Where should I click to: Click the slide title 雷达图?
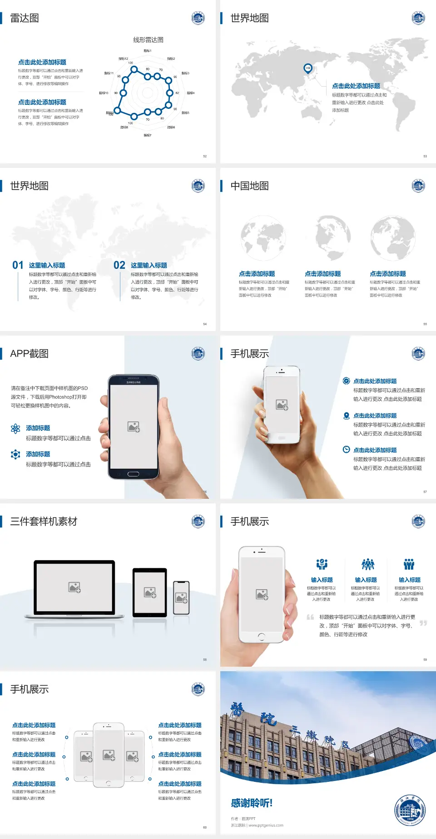click(x=25, y=18)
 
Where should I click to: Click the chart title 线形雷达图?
click(x=148, y=40)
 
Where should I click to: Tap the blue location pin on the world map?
click(x=308, y=68)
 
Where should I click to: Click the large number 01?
click(x=18, y=265)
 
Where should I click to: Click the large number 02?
click(x=119, y=265)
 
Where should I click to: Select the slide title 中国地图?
click(x=249, y=186)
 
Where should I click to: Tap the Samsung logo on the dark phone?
click(x=134, y=382)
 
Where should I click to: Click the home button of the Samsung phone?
click(x=133, y=474)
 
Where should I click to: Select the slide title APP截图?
click(x=30, y=354)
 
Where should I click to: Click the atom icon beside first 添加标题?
click(x=15, y=429)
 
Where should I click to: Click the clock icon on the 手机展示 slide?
click(x=346, y=449)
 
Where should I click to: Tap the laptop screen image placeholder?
click(x=74, y=587)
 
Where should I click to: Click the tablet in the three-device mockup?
click(x=150, y=592)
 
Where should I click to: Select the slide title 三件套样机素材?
click(x=44, y=522)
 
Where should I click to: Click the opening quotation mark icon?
click(x=310, y=617)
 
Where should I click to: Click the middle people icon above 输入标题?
click(x=367, y=564)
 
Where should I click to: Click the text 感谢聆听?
click(x=252, y=803)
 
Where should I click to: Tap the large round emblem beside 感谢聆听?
click(x=410, y=810)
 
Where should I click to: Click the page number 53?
click(x=425, y=156)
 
